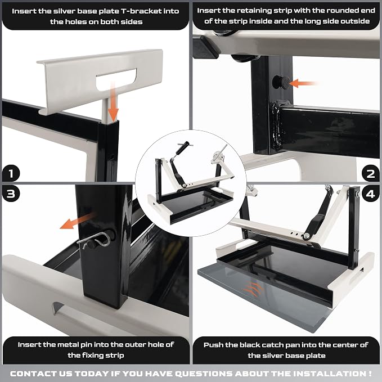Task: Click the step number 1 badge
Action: tap(11, 173)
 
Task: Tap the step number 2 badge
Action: tap(370, 173)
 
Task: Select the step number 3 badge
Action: tap(11, 194)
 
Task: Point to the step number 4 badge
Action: tap(370, 194)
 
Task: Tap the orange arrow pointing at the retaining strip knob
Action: tap(303, 83)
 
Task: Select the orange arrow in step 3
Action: tap(78, 221)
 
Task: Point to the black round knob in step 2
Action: tap(281, 82)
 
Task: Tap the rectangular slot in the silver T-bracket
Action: tap(116, 79)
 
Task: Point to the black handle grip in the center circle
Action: tap(182, 147)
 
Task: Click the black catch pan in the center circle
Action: tap(197, 204)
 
